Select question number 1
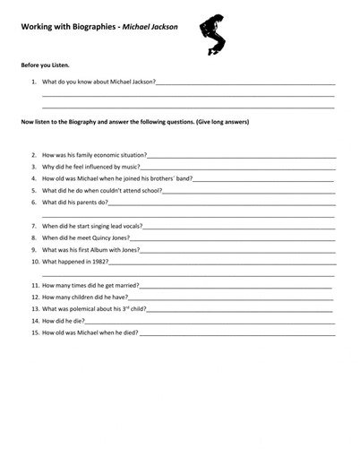coord(34,82)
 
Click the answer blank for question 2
coord(242,156)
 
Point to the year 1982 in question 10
coord(98,262)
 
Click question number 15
coord(35,332)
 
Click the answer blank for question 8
coord(233,238)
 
